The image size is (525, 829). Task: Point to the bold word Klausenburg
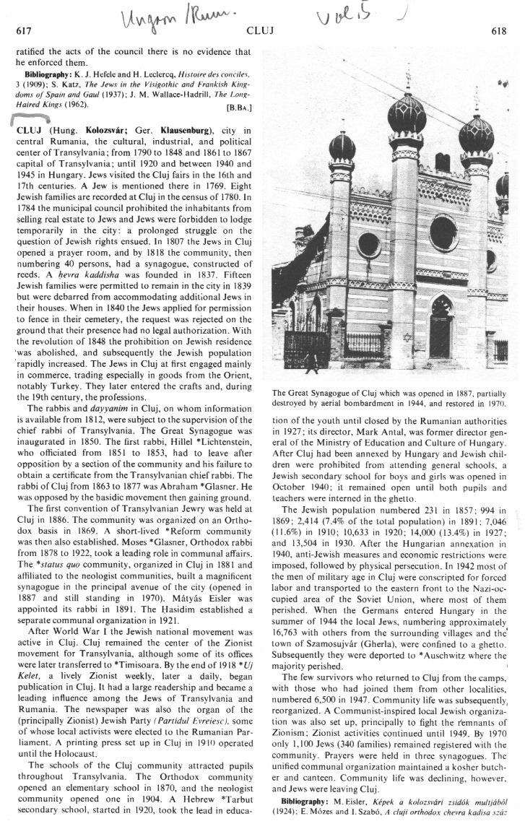tap(186, 130)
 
